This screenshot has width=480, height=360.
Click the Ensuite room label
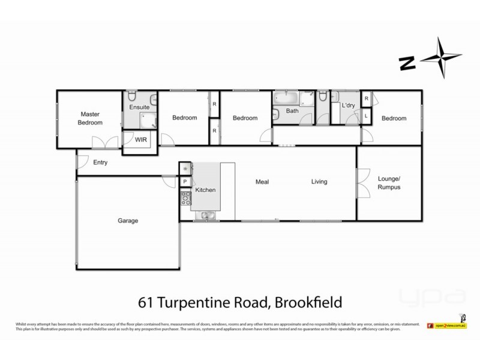click(139, 107)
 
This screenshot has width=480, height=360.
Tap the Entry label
click(100, 162)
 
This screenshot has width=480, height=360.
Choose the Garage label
click(127, 221)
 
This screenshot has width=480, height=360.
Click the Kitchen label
click(205, 190)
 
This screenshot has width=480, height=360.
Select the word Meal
click(262, 182)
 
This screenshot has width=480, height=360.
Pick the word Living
click(319, 182)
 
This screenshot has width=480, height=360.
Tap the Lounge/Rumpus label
click(389, 183)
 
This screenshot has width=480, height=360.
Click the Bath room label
click(292, 111)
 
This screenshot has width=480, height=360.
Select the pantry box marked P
click(185, 182)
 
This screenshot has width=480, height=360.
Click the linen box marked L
click(366, 116)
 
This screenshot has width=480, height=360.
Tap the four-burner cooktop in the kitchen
click(185, 198)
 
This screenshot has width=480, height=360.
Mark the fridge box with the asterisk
click(185, 169)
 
